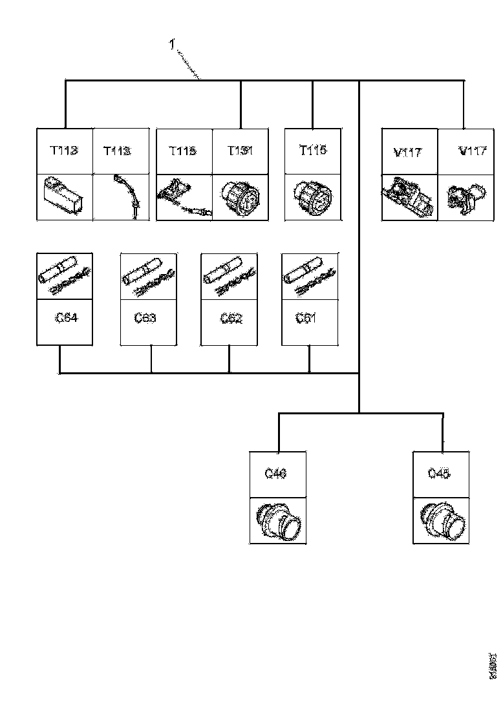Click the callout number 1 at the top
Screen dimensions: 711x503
tap(171, 45)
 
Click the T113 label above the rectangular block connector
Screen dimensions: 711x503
tap(64, 151)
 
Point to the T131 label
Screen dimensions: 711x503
tap(239, 151)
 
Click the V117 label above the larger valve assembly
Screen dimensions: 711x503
tap(407, 153)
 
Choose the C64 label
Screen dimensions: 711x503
tap(65, 319)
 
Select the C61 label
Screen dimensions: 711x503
tap(306, 319)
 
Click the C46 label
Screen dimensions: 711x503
tap(276, 474)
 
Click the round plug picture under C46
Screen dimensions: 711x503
tap(278, 520)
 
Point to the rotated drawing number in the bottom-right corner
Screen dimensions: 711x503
tap(493, 666)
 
